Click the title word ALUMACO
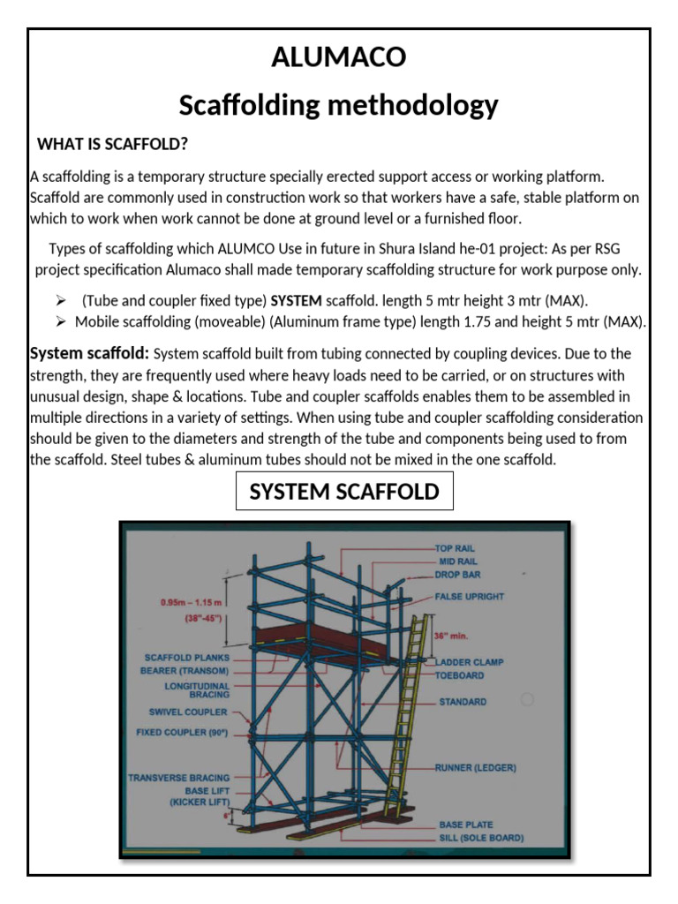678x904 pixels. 339,57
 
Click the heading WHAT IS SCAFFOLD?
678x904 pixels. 112,144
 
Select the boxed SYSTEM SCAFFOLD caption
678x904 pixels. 344,492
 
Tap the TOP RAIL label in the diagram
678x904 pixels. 456,548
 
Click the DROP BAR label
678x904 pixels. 457,574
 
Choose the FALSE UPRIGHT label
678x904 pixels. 470,596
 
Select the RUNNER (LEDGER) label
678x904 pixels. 475,767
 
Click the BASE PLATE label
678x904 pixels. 465,825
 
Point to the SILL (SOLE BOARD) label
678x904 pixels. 481,837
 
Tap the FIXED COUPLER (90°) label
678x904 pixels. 182,732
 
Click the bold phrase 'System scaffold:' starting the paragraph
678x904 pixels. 89,353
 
